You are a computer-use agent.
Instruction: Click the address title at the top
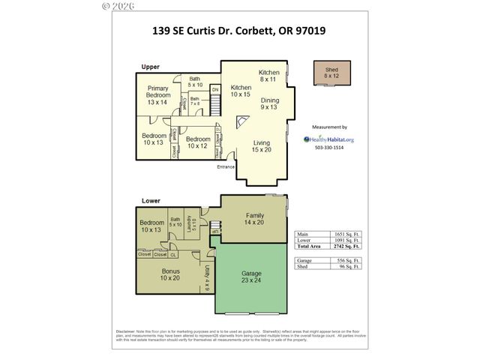238,32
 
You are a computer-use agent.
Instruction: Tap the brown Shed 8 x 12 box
326,73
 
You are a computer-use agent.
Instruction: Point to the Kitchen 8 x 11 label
269,76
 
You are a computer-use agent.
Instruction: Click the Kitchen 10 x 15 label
240,91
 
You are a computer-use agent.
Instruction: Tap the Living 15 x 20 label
261,147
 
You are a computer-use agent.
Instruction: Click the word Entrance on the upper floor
226,166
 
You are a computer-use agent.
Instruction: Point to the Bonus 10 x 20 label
170,274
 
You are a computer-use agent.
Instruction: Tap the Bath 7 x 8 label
194,101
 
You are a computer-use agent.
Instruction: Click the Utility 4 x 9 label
208,277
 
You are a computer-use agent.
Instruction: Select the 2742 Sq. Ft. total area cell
349,247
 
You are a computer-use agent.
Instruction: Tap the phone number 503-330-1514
328,148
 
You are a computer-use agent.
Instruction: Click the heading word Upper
150,67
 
